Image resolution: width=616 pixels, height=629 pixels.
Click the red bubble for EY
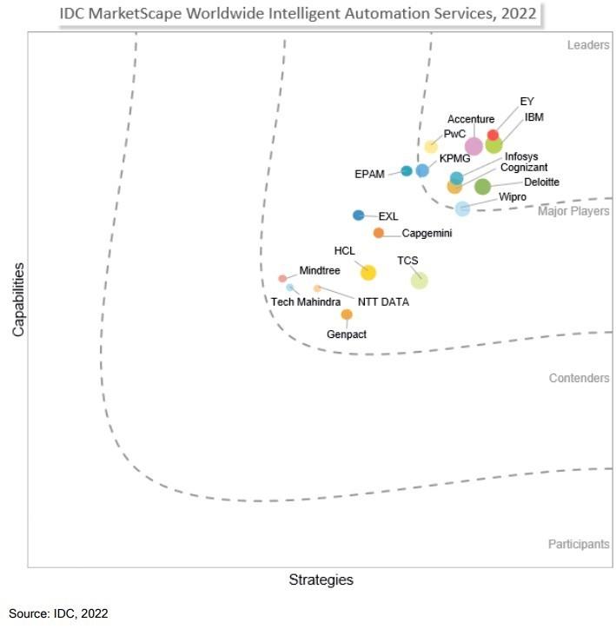pyautogui.click(x=493, y=136)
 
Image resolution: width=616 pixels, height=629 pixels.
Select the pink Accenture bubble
pyautogui.click(x=474, y=146)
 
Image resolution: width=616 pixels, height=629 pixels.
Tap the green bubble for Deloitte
pyautogui.click(x=482, y=186)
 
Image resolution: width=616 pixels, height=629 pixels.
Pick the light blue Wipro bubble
pyautogui.click(x=462, y=209)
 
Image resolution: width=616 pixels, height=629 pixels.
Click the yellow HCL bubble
pyautogui.click(x=368, y=273)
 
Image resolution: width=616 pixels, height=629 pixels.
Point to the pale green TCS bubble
pyautogui.click(x=419, y=280)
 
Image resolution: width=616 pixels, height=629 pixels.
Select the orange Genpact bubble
pyautogui.click(x=347, y=314)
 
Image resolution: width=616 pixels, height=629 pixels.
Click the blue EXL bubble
pyautogui.click(x=358, y=215)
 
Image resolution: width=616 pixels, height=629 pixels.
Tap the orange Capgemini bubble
pyautogui.click(x=378, y=233)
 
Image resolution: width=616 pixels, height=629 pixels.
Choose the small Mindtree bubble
pyautogui.click(x=282, y=278)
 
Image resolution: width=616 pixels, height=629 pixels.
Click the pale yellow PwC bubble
pyautogui.click(x=431, y=147)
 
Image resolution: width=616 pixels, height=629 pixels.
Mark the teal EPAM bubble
pyautogui.click(x=406, y=171)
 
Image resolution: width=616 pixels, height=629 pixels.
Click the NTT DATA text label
pyautogui.click(x=383, y=302)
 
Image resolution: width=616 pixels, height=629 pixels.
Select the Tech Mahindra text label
pyautogui.click(x=306, y=302)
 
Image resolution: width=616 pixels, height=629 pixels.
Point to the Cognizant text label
pyautogui.click(x=524, y=168)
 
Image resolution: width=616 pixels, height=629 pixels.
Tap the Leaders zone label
pyautogui.click(x=587, y=45)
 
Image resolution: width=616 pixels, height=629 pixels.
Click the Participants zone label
pyautogui.click(x=578, y=544)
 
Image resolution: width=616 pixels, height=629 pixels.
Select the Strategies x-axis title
pyautogui.click(x=321, y=579)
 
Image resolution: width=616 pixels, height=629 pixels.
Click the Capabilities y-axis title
pyautogui.click(x=17, y=299)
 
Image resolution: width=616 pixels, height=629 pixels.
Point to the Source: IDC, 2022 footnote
pyautogui.click(x=58, y=613)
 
